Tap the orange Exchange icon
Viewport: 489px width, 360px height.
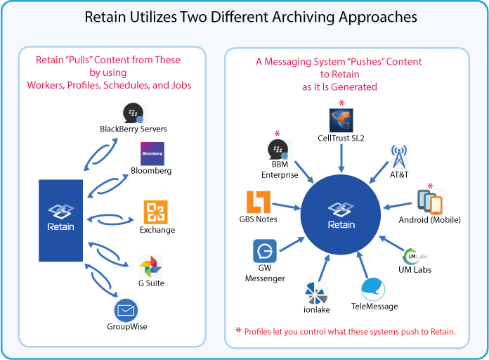(155, 212)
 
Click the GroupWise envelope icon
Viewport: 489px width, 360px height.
(125, 309)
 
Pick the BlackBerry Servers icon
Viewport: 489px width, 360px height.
(133, 113)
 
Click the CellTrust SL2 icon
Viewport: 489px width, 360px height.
(341, 122)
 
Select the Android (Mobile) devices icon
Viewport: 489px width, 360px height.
(429, 202)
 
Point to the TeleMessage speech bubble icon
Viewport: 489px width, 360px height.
(373, 289)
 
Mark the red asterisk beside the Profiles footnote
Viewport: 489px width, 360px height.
(238, 330)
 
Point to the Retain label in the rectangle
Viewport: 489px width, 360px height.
(61, 226)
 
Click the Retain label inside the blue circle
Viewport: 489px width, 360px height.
(341, 225)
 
